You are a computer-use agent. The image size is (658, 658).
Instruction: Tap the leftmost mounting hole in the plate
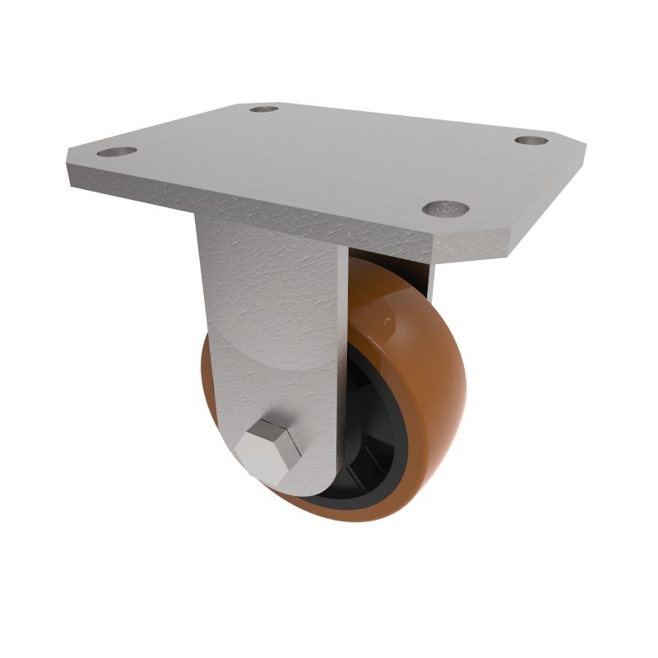pyautogui.click(x=117, y=151)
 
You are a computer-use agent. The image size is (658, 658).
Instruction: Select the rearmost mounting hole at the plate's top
pyautogui.click(x=264, y=109)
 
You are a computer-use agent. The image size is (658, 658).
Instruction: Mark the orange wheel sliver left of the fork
pyautogui.click(x=207, y=387)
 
